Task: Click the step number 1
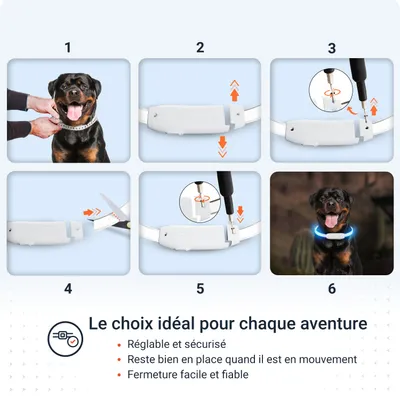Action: [68, 47]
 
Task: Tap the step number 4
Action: [68, 288]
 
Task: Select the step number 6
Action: [331, 288]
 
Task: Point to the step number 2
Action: [200, 47]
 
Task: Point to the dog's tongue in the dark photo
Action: [329, 222]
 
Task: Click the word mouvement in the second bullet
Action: [322, 359]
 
